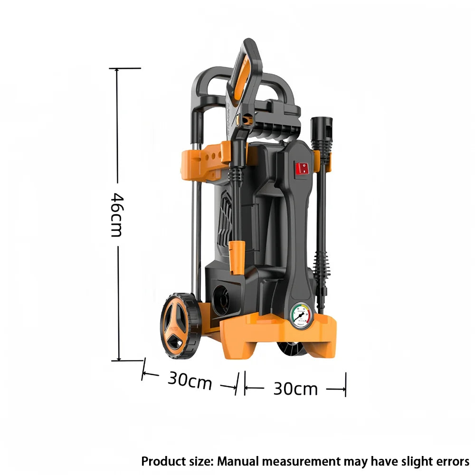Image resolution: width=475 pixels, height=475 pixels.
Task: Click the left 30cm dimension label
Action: (x=190, y=380)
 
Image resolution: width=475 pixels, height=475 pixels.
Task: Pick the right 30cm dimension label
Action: (x=295, y=389)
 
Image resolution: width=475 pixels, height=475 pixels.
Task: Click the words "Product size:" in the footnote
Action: (x=178, y=461)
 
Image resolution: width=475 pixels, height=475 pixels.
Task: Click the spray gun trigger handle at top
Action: (x=246, y=71)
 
